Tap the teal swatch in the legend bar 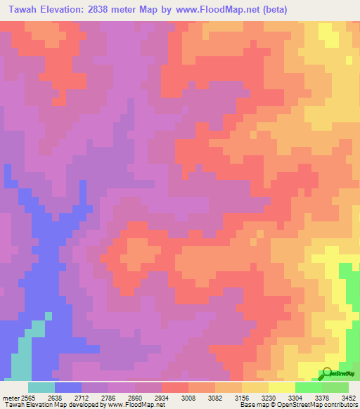[41, 387]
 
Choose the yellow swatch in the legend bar [281, 387]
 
